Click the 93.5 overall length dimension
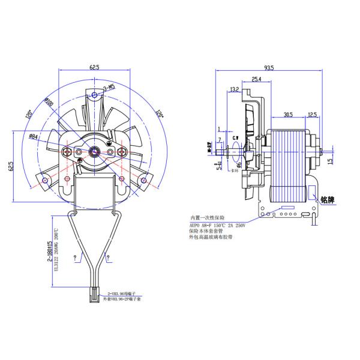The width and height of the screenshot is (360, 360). point(268,68)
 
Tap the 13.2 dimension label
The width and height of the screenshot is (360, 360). point(234,90)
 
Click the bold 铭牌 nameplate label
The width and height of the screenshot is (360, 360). point(330,199)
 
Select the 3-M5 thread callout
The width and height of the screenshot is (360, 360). point(109,89)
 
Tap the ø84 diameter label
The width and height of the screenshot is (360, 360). point(34,137)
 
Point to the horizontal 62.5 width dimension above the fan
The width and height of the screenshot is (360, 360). point(94,68)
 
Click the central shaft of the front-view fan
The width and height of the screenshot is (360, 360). point(95,151)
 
